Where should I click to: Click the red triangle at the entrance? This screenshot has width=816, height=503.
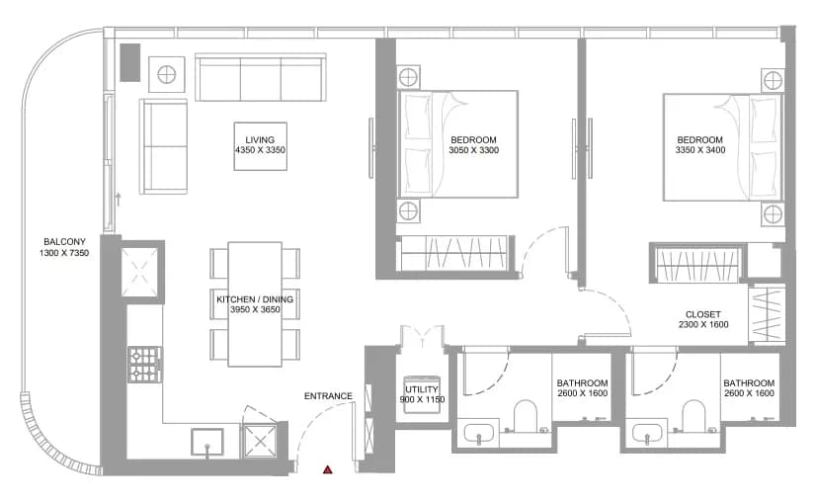[327, 469]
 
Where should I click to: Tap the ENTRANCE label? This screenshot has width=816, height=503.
[328, 396]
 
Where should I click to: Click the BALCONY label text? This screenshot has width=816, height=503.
[64, 241]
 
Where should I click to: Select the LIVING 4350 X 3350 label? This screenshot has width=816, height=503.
[260, 145]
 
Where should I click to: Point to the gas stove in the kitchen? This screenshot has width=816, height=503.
[144, 364]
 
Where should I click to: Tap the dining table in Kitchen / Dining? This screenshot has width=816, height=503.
[255, 304]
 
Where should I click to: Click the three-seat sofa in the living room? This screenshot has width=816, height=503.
[261, 77]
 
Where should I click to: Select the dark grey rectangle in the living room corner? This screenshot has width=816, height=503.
[130, 62]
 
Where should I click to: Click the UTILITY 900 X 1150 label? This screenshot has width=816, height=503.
[422, 394]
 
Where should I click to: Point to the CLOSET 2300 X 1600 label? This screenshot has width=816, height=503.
[703, 319]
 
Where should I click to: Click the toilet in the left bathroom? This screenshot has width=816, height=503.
[526, 415]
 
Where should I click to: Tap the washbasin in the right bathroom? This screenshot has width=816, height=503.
[647, 433]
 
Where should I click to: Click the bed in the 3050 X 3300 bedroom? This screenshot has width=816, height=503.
[457, 144]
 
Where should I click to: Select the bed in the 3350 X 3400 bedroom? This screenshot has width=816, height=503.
[723, 147]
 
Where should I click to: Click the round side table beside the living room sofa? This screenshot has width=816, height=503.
[167, 75]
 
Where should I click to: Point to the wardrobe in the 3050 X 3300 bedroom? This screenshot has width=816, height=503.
[451, 253]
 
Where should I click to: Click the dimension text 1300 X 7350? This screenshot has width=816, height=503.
[64, 253]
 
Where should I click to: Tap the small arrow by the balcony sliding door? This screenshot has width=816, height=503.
[119, 199]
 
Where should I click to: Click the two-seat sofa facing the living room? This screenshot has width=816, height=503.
[163, 146]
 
